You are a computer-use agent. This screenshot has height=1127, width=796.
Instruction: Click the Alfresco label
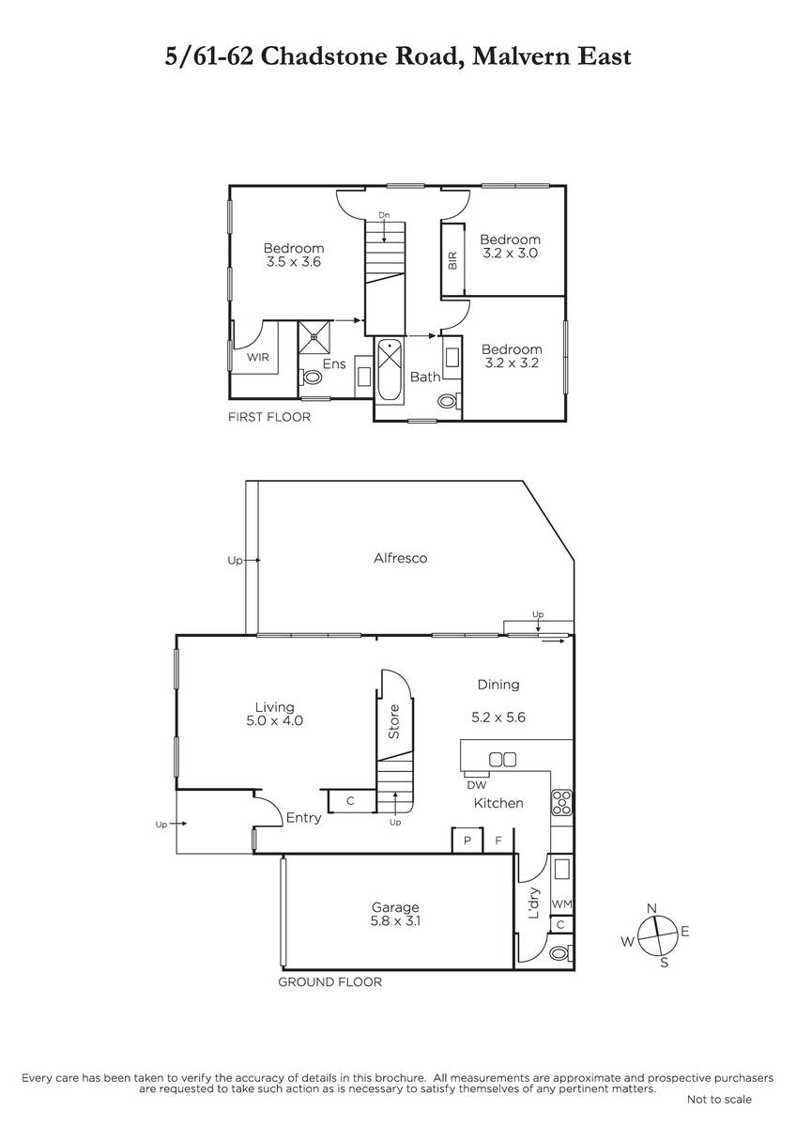[400, 558]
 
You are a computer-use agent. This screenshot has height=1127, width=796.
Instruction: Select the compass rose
[656, 936]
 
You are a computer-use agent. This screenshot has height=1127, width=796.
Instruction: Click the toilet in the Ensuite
[312, 377]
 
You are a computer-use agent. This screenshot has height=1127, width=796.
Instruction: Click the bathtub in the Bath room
[390, 370]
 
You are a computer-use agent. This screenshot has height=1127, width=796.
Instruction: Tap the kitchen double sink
[503, 759]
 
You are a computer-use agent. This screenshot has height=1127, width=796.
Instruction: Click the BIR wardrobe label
[452, 261]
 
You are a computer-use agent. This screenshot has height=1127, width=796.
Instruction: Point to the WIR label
[257, 357]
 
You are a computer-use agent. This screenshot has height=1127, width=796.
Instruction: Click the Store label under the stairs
[393, 721]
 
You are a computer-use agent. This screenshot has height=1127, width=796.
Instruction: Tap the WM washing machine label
[561, 904]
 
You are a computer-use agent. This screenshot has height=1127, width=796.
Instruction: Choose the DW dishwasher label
[477, 785]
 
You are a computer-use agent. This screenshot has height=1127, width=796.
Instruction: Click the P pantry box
[467, 840]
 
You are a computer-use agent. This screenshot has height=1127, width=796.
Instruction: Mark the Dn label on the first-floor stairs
[384, 215]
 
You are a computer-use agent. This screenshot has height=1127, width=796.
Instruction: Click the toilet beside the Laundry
[559, 953]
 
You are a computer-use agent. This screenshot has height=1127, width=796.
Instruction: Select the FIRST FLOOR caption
[269, 417]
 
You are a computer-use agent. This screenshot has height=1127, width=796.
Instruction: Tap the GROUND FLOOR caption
[329, 982]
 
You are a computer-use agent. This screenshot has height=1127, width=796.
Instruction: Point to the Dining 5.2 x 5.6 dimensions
[498, 717]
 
